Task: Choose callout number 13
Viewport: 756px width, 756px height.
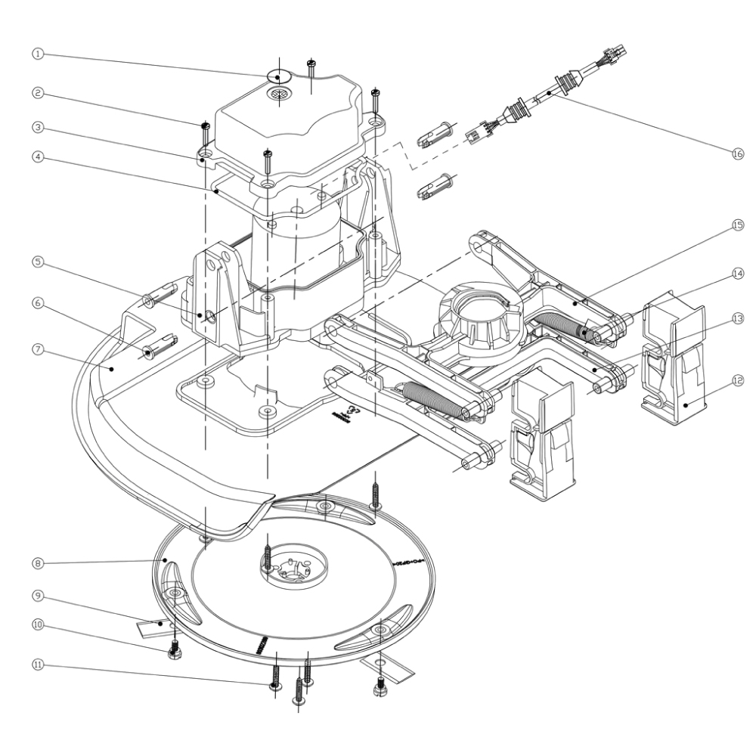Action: point(737,318)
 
